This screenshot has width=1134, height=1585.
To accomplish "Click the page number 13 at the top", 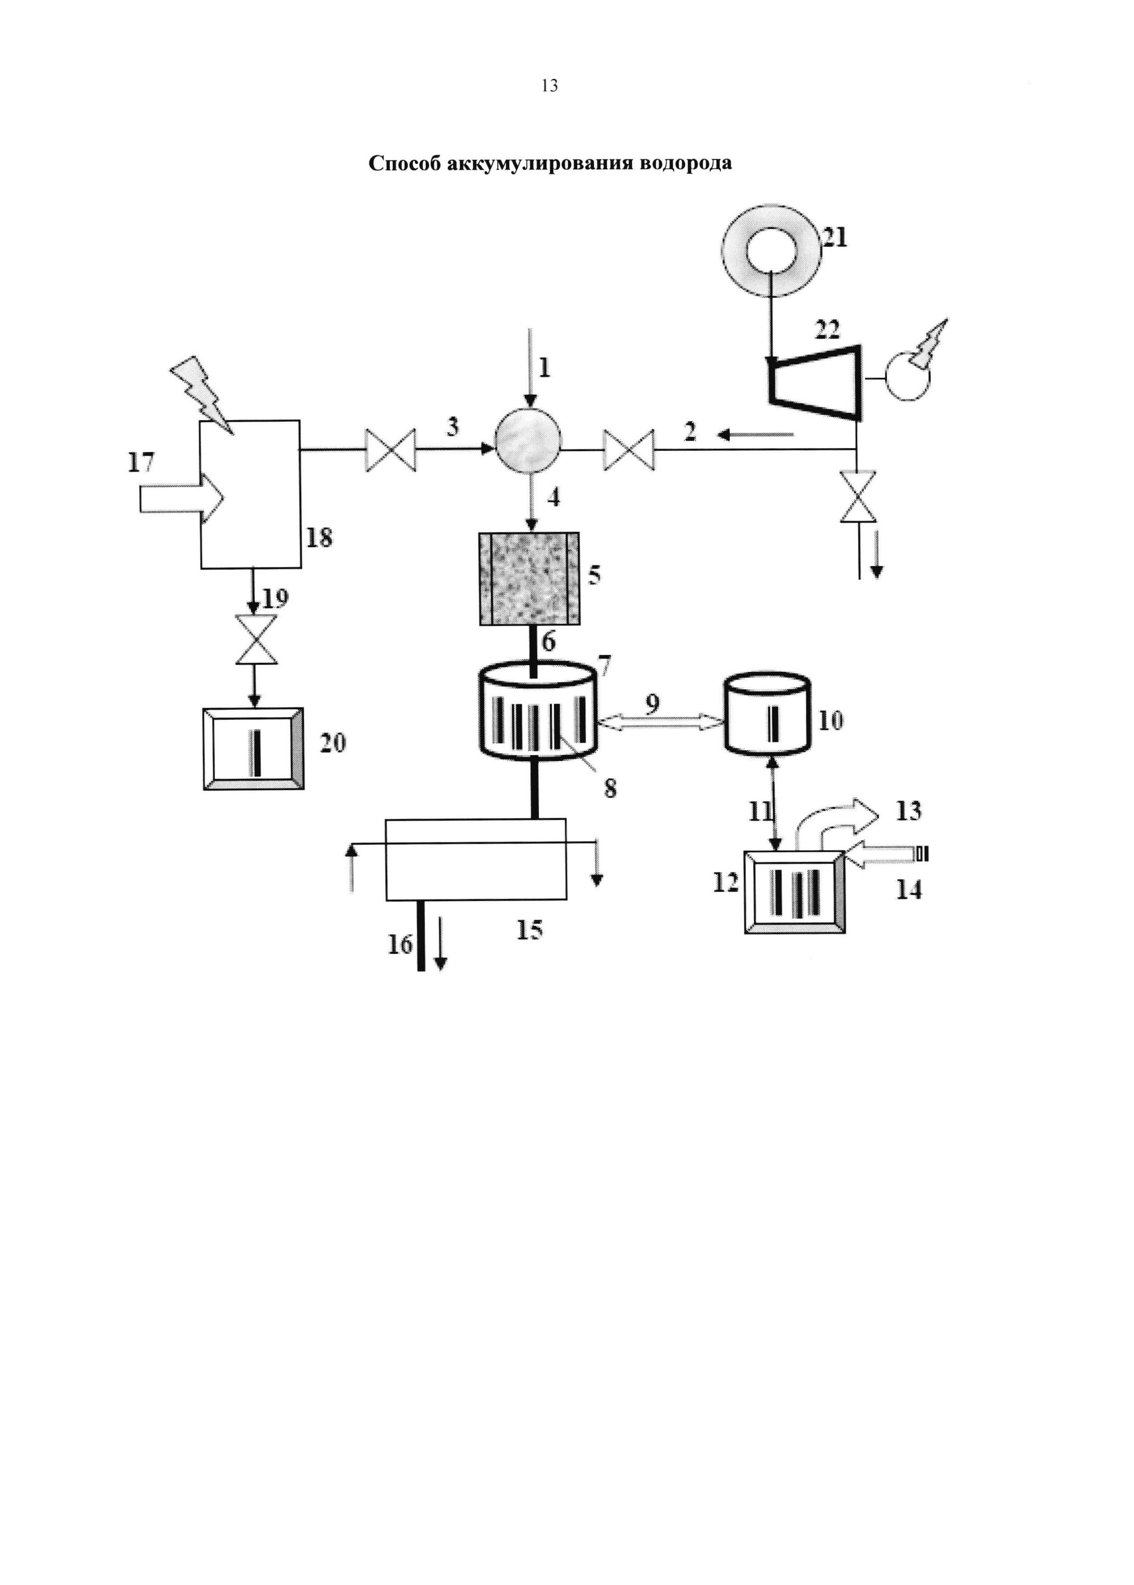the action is point(550,86).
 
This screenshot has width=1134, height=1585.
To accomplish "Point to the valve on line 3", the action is point(391,450).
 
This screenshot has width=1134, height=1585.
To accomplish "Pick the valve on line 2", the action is point(629,450).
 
